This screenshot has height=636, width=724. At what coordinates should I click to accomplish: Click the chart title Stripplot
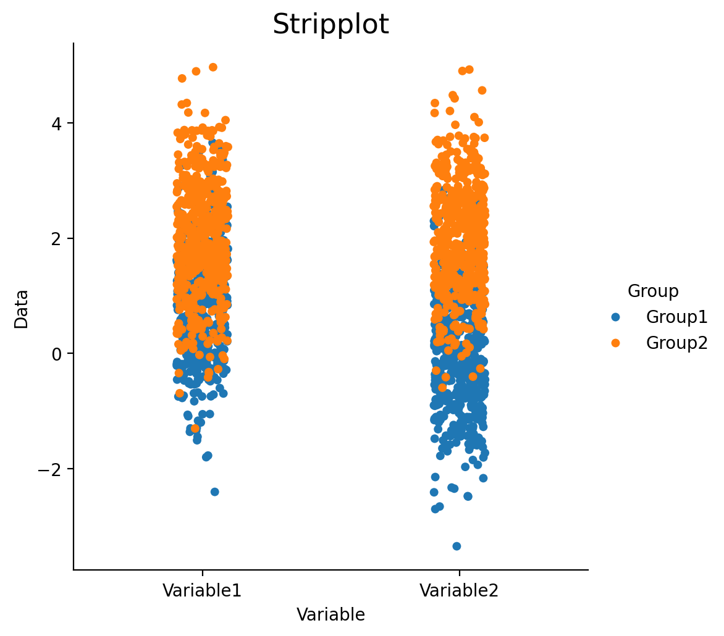pos(330,24)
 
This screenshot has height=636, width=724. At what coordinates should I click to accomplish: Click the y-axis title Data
pos(21,309)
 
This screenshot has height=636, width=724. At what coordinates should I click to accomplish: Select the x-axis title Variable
pos(330,615)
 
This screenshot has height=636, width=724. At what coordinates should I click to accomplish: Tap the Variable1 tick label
pos(202,590)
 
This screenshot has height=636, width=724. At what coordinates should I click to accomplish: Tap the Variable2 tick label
pos(459,590)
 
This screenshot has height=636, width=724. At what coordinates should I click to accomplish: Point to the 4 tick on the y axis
pos(56,123)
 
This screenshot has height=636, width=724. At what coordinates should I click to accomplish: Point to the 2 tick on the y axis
pos(56,238)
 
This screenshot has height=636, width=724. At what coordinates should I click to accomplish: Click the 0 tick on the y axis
pos(56,354)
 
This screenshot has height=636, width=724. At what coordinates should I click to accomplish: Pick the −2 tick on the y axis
pos(50,469)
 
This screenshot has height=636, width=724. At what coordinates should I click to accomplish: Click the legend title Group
pos(653,291)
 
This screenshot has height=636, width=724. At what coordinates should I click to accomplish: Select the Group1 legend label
pos(676,317)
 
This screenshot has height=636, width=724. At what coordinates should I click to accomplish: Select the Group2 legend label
pos(676,343)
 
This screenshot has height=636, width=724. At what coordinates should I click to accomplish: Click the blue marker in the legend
pos(615,317)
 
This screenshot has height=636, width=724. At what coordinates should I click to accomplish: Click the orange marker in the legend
pos(615,343)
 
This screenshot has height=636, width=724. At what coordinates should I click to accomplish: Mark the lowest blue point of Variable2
pos(457,546)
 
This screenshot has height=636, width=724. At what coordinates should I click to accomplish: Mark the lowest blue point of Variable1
pos(215,492)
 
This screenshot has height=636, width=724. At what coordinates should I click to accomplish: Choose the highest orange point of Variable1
pos(213,67)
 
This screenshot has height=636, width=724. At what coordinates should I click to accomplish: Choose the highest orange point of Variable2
pos(469,69)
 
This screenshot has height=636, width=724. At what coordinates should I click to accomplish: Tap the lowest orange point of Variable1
pos(195,429)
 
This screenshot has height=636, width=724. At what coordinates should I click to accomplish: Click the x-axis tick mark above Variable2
pos(459,572)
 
